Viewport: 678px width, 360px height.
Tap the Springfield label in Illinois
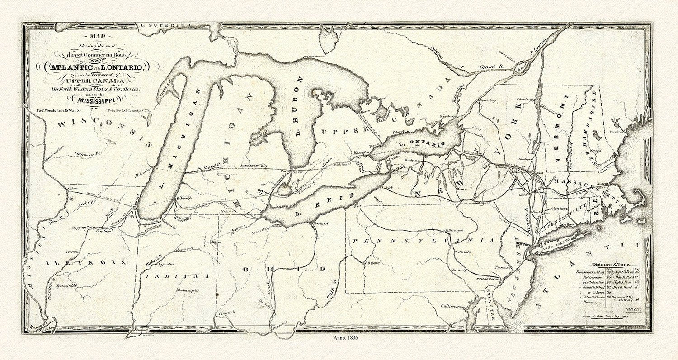[x=66, y=286]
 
